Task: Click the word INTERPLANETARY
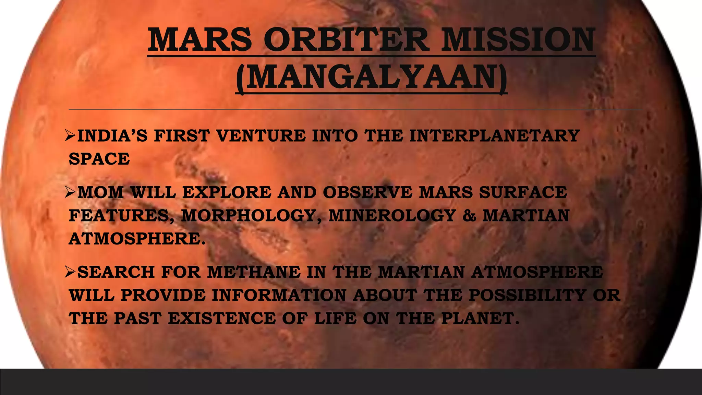(x=494, y=136)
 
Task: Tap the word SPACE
(x=99, y=159)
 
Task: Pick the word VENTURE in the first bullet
(x=261, y=136)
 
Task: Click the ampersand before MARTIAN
(x=469, y=216)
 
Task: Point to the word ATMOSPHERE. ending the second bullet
(x=137, y=239)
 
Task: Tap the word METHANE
(x=254, y=272)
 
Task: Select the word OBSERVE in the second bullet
(x=367, y=192)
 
